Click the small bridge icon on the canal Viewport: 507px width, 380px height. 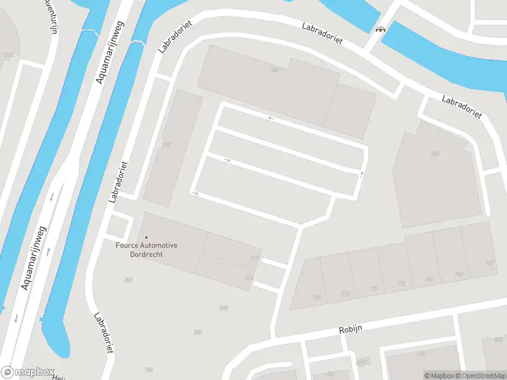tap(381, 28)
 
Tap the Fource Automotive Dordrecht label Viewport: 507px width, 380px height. tap(146, 250)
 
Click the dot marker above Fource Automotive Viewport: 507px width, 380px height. tap(146, 237)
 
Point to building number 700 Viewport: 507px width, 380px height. tap(317, 298)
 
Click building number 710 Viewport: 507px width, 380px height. tap(345, 293)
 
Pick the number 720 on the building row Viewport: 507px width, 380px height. tap(373, 289)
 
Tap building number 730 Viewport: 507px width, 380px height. tap(402, 284)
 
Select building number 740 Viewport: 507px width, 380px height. tap(429, 279)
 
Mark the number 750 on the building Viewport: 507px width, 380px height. tap(458, 274)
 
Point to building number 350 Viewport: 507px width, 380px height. tap(435, 154)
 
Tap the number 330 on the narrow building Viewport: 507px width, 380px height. tap(166, 145)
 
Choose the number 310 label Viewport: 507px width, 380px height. tap(254, 258)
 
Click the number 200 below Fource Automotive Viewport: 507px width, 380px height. tap(129, 280)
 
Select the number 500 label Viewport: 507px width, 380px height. tap(223, 308)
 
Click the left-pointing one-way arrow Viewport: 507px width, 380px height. tap(271, 118)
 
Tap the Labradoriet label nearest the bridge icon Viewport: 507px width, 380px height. tap(322, 34)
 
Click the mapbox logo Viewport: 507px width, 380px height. tap(28, 372)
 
